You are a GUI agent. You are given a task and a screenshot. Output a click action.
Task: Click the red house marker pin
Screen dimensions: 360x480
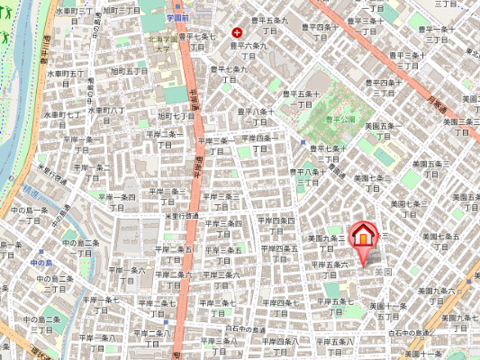362,236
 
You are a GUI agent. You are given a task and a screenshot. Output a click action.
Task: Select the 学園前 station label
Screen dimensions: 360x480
177,17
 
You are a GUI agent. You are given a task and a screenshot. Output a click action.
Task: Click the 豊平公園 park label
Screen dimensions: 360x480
341,118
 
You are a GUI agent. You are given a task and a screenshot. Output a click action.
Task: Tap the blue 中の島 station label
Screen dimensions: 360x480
41,262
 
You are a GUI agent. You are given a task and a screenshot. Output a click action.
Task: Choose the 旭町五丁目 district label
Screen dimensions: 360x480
129,70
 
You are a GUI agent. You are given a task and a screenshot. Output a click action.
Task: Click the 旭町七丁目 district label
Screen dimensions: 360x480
177,115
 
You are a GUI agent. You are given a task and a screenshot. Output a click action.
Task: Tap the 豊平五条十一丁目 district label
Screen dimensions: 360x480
300,98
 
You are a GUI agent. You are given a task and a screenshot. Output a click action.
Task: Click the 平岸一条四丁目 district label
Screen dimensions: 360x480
117,202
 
